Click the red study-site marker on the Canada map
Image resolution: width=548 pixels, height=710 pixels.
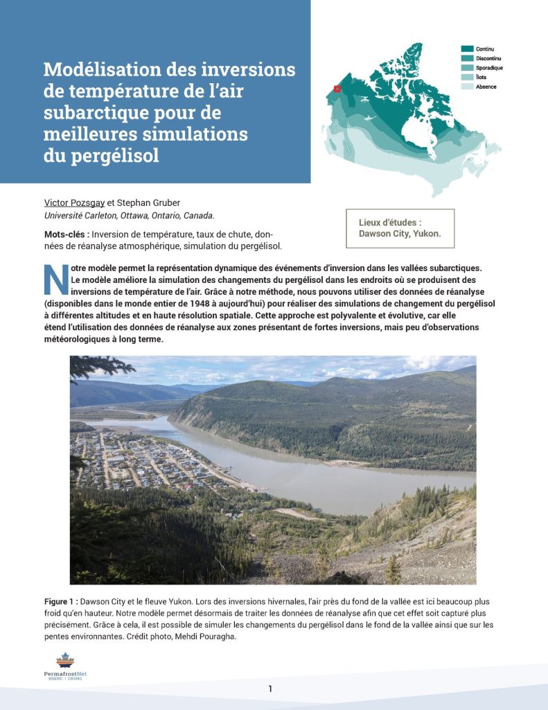click(337, 89)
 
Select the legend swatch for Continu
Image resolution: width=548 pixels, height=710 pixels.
click(467, 49)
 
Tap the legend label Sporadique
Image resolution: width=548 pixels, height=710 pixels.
click(490, 68)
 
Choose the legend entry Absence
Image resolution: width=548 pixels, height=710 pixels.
click(486, 87)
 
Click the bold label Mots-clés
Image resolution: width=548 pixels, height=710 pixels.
click(65, 234)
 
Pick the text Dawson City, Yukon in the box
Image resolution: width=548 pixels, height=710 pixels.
click(400, 234)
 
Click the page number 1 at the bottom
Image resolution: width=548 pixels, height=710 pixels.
click(271, 689)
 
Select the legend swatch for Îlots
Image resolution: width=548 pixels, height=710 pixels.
click(467, 77)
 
